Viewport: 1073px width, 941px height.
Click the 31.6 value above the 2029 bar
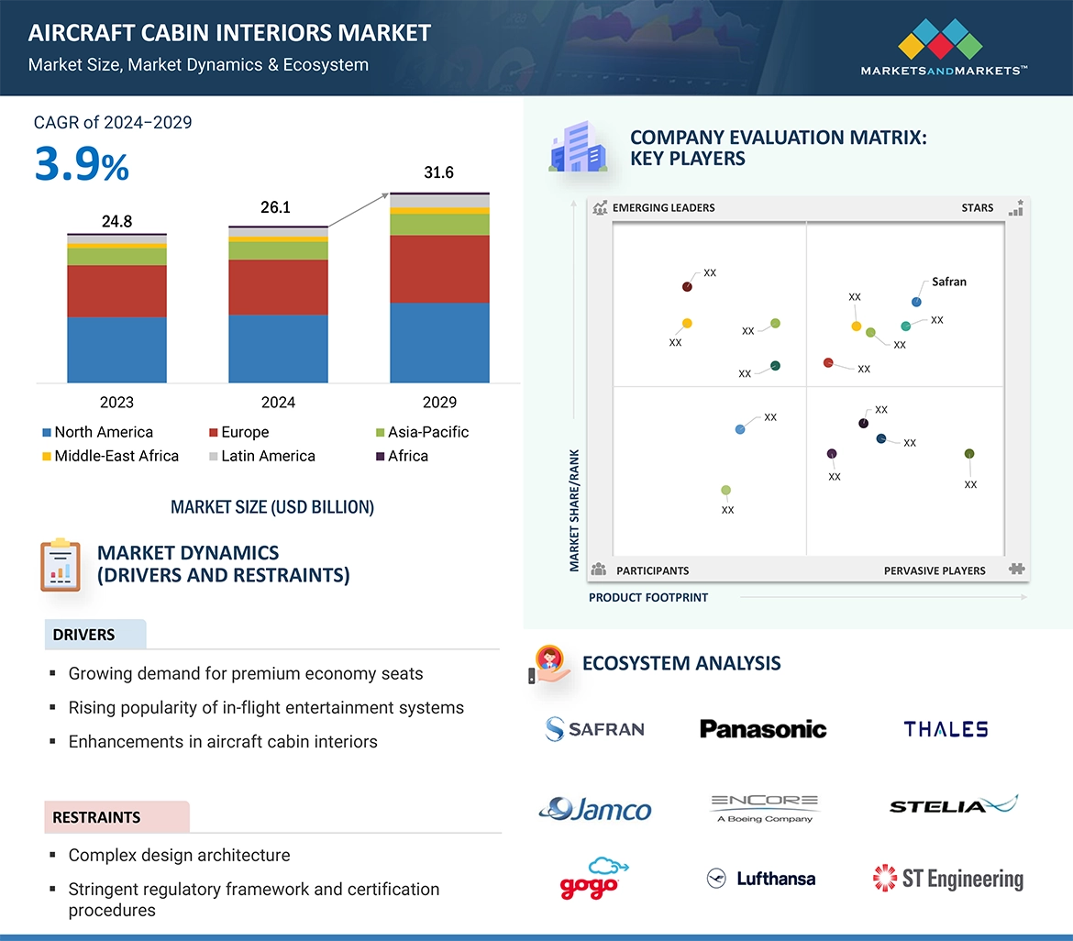[x=438, y=172]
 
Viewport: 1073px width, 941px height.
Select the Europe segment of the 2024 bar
[x=278, y=287]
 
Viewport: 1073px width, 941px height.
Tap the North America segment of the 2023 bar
[x=116, y=349]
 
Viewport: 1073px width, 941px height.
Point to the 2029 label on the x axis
[x=439, y=402]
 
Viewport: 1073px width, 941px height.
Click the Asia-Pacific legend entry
[x=427, y=432]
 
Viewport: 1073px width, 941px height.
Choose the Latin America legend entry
[x=268, y=456]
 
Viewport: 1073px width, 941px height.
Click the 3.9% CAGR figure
[x=82, y=165]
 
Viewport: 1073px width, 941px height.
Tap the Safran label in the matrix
[x=949, y=282]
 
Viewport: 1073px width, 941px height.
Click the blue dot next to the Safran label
[x=916, y=302]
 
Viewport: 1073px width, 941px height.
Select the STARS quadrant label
[x=978, y=207]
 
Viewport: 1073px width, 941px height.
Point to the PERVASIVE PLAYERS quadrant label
[x=935, y=570]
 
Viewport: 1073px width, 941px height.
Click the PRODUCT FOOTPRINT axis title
[x=648, y=597]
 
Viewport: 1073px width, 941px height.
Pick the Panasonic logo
[x=763, y=729]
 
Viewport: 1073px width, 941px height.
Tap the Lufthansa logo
[x=762, y=879]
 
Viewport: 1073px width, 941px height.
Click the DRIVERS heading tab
[x=83, y=635]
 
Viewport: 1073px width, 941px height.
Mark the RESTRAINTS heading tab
[x=96, y=817]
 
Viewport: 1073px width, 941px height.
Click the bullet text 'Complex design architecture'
[x=179, y=855]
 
